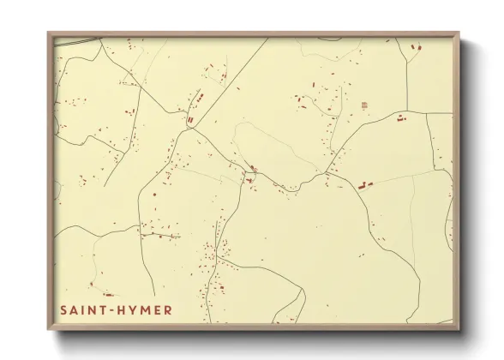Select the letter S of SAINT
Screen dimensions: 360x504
pyautogui.click(x=63, y=309)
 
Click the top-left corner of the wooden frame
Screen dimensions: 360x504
pyautogui.click(x=48, y=33)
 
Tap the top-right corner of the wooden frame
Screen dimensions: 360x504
pyautogui.click(x=459, y=33)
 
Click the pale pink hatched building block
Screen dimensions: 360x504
pyautogui.click(x=364, y=105)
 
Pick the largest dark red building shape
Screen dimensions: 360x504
pyautogui.click(x=365, y=183)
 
